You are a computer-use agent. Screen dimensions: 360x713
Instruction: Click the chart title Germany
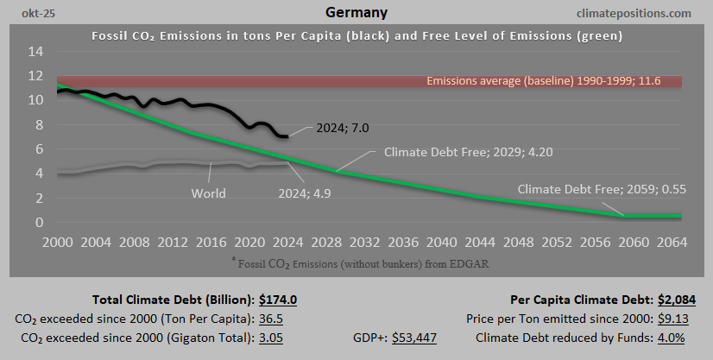[x=356, y=13]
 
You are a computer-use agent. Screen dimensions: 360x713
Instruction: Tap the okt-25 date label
[x=26, y=13]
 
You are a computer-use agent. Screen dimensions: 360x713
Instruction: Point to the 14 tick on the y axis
[x=35, y=51]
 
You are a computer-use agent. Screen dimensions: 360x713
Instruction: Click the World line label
[x=207, y=193]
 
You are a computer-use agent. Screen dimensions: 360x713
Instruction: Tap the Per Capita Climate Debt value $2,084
[x=676, y=300]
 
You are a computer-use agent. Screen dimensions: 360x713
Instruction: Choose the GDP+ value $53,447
[x=414, y=337]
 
